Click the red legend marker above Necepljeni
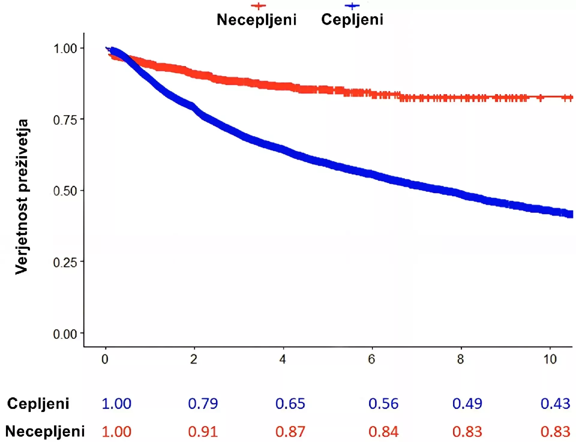click(258, 6)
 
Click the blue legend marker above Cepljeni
click(352, 6)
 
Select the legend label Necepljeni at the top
click(256, 20)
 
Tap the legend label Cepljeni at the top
click(352, 20)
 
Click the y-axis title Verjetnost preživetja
click(22, 197)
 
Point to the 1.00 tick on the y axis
click(65, 49)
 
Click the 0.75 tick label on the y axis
click(65, 120)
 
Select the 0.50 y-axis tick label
click(65, 191)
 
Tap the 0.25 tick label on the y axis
click(65, 263)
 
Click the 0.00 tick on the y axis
click(65, 334)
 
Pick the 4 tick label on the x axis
click(283, 359)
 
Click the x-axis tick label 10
click(550, 359)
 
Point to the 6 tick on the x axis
click(371, 359)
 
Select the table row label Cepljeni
click(38, 404)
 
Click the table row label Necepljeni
click(45, 431)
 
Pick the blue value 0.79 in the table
click(203, 404)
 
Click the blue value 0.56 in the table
click(383, 404)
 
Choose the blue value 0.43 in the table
click(555, 404)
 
